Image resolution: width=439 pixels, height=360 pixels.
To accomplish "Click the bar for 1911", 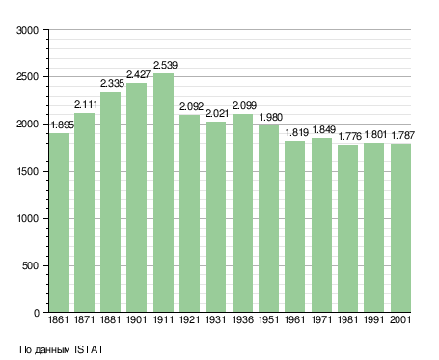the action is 163,193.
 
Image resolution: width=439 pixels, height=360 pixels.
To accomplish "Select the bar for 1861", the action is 59,223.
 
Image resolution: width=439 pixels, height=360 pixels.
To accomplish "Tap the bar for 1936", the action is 242,213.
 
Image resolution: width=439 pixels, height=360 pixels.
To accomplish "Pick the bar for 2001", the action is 400,228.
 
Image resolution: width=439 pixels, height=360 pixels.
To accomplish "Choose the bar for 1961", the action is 294,227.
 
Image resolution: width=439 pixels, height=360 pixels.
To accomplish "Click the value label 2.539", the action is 165,65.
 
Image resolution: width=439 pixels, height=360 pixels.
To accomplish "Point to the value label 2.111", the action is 86,104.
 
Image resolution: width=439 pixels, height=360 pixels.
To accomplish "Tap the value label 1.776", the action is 350,136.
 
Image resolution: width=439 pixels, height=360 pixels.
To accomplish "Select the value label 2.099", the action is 244,105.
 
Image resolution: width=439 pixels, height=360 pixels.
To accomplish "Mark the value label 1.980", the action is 271,117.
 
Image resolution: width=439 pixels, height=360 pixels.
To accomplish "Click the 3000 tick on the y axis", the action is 27,30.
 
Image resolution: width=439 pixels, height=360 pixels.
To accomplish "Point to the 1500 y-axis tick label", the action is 28,171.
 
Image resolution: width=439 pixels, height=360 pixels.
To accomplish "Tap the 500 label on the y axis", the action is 30,265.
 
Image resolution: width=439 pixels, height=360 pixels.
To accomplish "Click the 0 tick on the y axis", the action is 37,313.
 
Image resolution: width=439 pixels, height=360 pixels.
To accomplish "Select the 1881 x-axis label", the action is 110,319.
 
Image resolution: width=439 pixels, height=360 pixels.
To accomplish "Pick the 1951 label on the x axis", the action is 268,319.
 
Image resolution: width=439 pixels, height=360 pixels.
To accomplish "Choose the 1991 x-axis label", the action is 374,319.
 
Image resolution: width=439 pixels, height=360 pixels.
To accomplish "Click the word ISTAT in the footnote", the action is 89,349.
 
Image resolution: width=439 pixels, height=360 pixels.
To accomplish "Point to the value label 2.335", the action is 112,84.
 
